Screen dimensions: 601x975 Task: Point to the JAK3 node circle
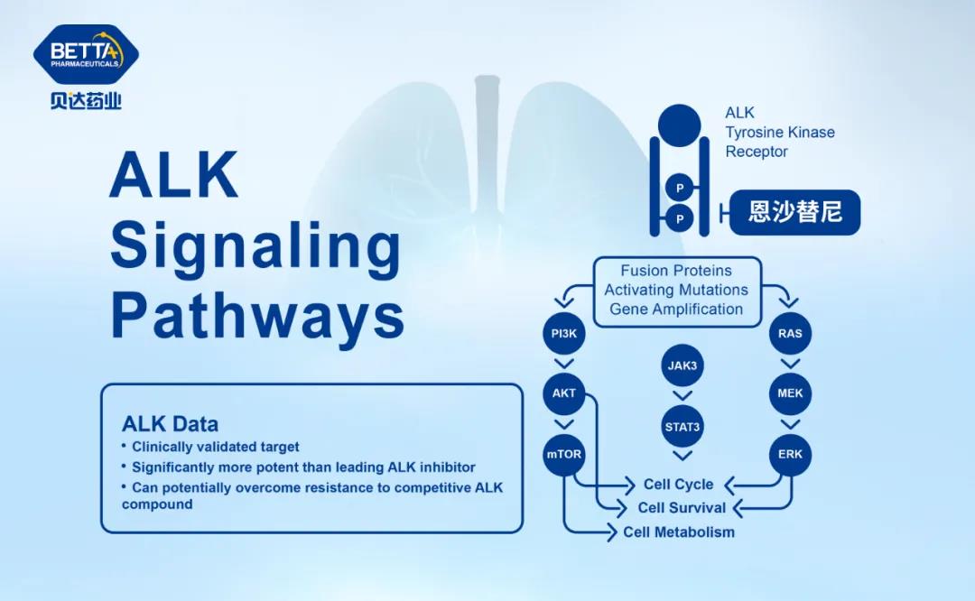[x=682, y=365]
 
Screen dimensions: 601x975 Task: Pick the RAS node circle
[x=790, y=334]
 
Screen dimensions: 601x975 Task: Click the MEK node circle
[x=790, y=393]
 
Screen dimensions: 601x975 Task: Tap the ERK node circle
[x=790, y=454]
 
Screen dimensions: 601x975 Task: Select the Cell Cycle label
[x=678, y=485]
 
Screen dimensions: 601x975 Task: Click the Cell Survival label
[x=682, y=507]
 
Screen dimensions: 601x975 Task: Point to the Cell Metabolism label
[x=679, y=532]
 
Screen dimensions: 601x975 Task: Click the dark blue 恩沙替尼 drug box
[x=794, y=213]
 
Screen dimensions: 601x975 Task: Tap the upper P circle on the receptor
[x=680, y=188]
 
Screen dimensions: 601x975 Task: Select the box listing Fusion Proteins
[x=676, y=290]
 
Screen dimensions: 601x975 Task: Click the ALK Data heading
[x=170, y=423]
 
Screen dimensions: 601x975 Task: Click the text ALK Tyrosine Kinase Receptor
[x=780, y=133]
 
